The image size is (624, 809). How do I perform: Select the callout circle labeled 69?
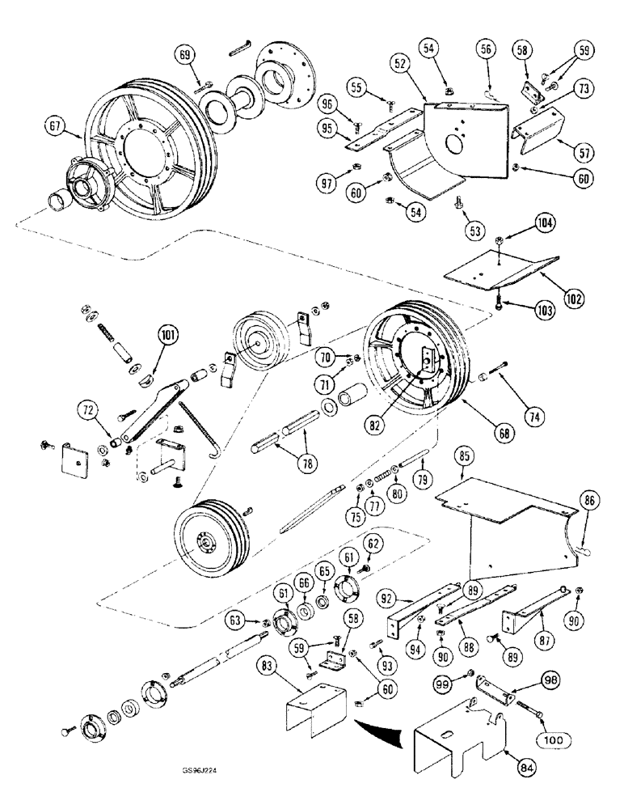187,55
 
